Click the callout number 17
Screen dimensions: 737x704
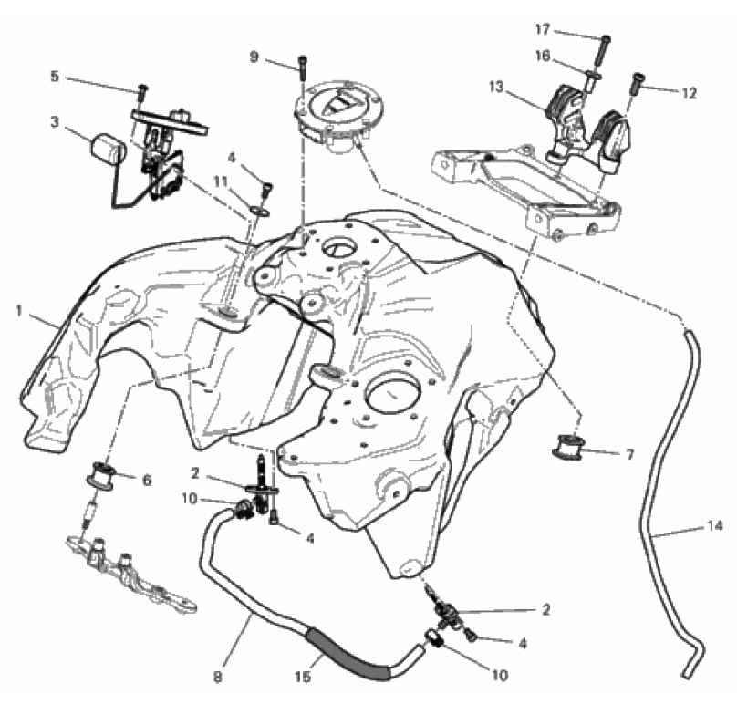(543, 29)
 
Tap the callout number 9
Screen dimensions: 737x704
(254, 57)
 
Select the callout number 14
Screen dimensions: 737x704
(714, 525)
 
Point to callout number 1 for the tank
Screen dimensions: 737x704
(19, 311)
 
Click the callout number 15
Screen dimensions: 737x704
(303, 677)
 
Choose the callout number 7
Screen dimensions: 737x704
(630, 454)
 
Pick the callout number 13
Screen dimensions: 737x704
(496, 87)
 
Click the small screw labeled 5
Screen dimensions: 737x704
(142, 93)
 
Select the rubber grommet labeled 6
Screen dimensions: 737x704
(100, 475)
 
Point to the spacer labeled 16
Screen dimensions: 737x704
(591, 81)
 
